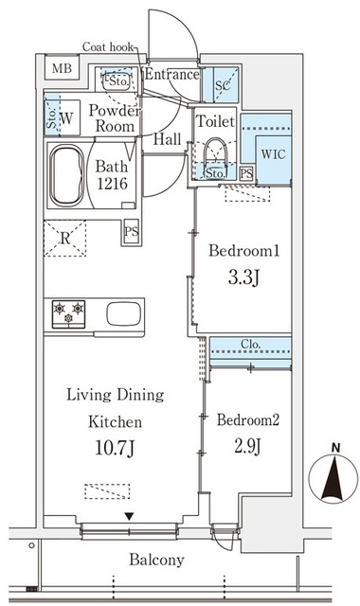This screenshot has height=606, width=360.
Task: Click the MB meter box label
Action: (x=62, y=68)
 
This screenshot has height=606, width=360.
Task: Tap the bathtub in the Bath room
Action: (x=66, y=175)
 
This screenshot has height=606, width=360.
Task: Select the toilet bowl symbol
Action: (x=215, y=152)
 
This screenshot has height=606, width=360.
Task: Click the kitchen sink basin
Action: (x=124, y=313)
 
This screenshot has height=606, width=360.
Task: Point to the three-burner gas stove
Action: (x=68, y=313)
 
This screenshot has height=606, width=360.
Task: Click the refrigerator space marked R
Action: (x=65, y=238)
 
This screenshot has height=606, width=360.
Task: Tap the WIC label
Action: (x=273, y=154)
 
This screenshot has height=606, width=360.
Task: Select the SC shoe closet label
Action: (x=223, y=85)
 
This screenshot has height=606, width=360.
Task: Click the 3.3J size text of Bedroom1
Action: (x=243, y=277)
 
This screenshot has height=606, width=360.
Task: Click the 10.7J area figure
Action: (x=115, y=448)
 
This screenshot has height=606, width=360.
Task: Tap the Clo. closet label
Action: (x=250, y=344)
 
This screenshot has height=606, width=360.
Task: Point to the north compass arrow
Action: (x=333, y=478)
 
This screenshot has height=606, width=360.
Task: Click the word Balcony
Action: (x=156, y=560)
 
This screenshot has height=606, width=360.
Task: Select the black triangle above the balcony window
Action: (x=129, y=516)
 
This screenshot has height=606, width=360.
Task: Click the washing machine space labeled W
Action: (x=66, y=117)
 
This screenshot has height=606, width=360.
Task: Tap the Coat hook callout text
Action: (x=107, y=47)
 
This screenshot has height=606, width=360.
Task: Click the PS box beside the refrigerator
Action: (x=132, y=231)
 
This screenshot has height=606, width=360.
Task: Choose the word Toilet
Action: (x=215, y=121)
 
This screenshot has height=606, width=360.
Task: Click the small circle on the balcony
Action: (x=31, y=545)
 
